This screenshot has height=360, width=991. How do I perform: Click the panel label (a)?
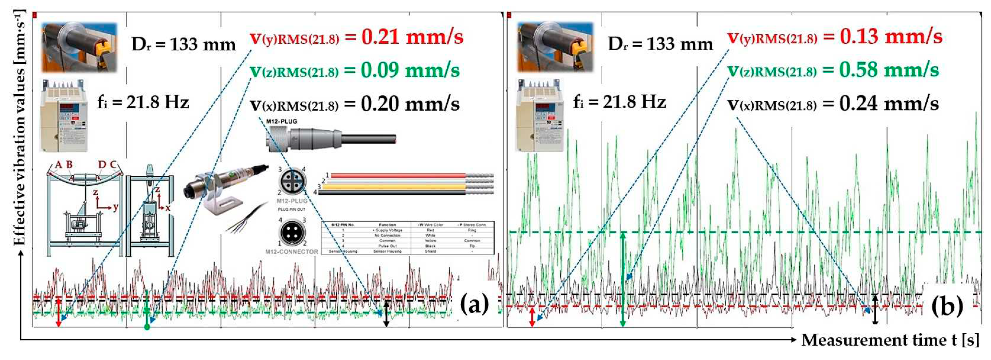tap(474, 304)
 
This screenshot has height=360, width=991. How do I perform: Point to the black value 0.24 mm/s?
tap(889, 103)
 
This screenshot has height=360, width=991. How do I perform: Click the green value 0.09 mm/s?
tap(410, 70)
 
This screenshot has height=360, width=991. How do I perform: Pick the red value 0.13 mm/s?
tap(891, 37)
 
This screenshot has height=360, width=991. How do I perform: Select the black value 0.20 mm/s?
tap(410, 104)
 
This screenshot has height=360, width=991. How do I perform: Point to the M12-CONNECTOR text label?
tap(292, 252)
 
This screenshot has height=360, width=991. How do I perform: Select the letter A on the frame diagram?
tap(59, 165)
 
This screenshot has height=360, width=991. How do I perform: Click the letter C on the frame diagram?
tap(113, 165)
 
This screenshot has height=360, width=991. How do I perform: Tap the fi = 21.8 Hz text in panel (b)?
tap(619, 102)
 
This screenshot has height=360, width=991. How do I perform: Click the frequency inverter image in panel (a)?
tap(64, 116)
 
